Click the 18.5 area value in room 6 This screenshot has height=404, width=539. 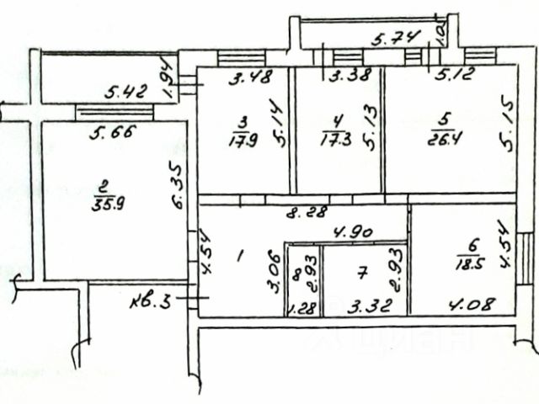(x=467, y=262)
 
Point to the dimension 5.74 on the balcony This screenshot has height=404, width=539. (x=389, y=37)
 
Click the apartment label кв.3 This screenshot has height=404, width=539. (x=152, y=300)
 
